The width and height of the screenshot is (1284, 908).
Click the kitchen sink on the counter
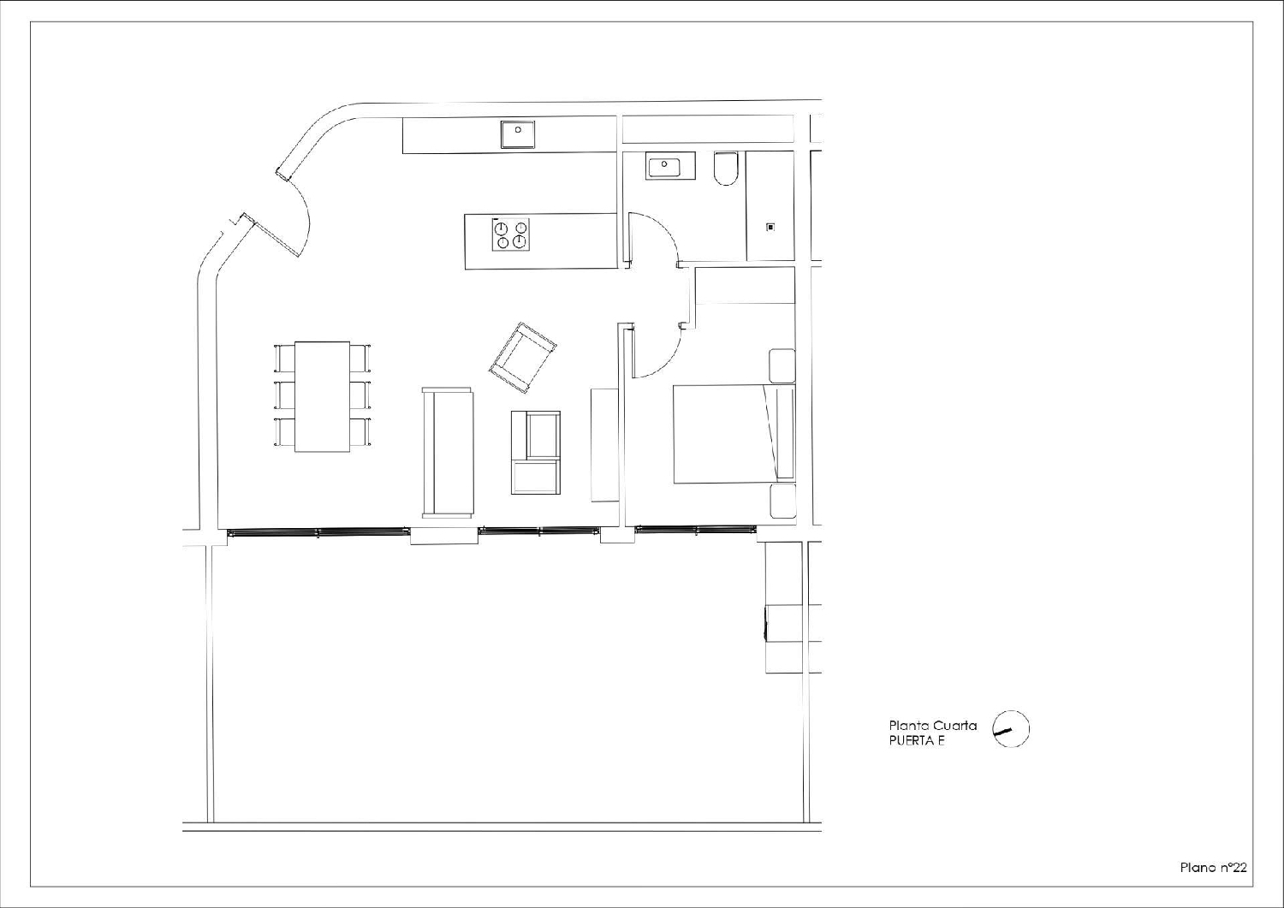(518, 134)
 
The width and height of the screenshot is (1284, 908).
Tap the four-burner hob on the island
(511, 234)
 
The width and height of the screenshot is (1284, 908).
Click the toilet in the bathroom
(725, 169)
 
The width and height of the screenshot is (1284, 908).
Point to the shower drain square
(770, 228)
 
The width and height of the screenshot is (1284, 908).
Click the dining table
(323, 396)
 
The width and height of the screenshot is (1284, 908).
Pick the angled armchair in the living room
(522, 358)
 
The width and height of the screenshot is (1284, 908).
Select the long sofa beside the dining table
(448, 452)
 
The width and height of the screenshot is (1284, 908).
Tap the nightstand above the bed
(782, 365)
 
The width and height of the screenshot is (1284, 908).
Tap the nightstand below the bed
(782, 501)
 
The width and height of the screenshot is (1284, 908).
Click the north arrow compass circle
(1011, 729)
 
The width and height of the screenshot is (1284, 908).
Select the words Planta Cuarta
(932, 726)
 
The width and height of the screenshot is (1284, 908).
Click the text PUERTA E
(916, 741)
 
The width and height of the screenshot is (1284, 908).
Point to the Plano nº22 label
(1213, 868)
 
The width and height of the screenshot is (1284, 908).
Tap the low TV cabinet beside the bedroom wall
(604, 444)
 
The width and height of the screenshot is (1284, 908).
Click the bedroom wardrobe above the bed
(745, 286)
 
